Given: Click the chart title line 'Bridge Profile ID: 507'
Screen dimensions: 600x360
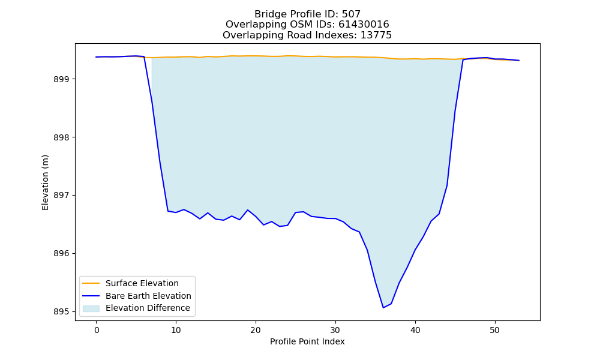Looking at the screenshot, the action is click(307, 14).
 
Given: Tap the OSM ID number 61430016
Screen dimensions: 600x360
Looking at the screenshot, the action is click(364, 25).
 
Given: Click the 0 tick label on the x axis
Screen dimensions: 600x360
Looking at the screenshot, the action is click(96, 330).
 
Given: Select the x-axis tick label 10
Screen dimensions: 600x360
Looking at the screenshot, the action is click(176, 330).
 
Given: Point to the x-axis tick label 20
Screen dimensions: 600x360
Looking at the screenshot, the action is click(256, 330).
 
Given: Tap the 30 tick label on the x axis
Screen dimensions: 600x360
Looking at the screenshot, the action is click(335, 330).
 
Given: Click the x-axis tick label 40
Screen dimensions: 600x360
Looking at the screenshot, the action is click(415, 330).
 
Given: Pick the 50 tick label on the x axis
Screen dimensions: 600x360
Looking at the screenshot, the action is click(495, 330).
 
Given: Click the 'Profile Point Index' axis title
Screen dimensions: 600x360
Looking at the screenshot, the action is click(307, 341).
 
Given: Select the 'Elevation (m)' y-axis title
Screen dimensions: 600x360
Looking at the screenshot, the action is click(45, 182).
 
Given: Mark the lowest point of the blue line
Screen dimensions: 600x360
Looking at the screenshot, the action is click(383, 308).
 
